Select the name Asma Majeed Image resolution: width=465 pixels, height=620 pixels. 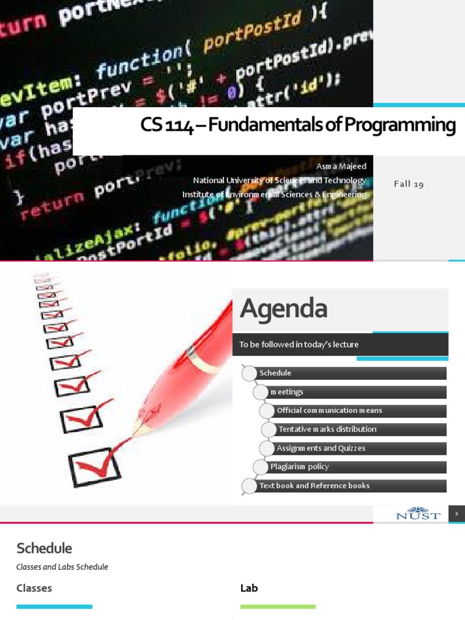[341, 166]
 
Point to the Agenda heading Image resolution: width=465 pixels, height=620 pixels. [283, 309]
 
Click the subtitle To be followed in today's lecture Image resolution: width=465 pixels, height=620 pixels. [298, 345]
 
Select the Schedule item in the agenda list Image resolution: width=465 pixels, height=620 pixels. [275, 373]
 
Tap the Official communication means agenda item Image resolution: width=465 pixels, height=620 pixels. [329, 411]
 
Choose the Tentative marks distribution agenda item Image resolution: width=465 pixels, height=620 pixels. [327, 429]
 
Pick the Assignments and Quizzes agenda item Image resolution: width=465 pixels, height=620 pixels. [321, 449]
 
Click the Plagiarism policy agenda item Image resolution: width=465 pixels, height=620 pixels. [300, 467]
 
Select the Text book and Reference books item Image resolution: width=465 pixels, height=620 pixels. [314, 486]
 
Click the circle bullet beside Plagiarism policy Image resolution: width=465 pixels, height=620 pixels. [261, 467]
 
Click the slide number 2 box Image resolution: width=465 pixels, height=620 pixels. [457, 514]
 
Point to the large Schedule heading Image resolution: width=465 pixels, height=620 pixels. [44, 549]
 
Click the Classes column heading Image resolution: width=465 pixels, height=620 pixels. [34, 588]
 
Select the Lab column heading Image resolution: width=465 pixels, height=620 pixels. [249, 588]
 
